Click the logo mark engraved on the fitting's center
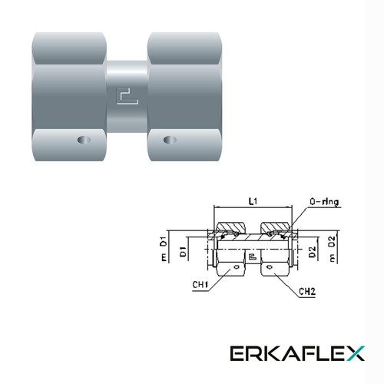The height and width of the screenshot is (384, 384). (x=125, y=95)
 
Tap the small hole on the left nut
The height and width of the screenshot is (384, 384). (x=82, y=141)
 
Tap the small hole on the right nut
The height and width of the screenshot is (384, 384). (x=170, y=141)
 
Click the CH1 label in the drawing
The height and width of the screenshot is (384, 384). (x=203, y=283)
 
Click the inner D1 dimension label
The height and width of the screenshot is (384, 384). (x=184, y=251)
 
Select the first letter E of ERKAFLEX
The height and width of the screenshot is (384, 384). (x=238, y=353)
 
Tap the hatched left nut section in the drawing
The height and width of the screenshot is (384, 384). (x=230, y=228)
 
